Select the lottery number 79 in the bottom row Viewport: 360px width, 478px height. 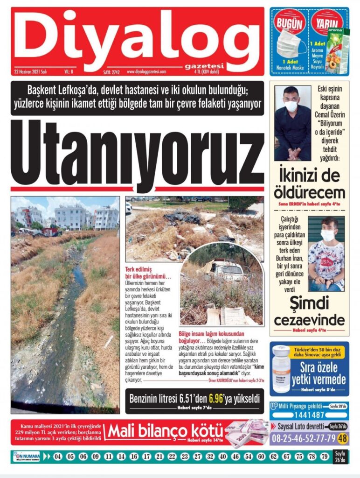click(325, 457)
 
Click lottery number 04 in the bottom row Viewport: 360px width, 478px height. click(58, 457)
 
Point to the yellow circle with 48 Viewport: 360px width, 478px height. click(343, 438)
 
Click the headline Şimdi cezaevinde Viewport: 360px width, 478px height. click(309, 313)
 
